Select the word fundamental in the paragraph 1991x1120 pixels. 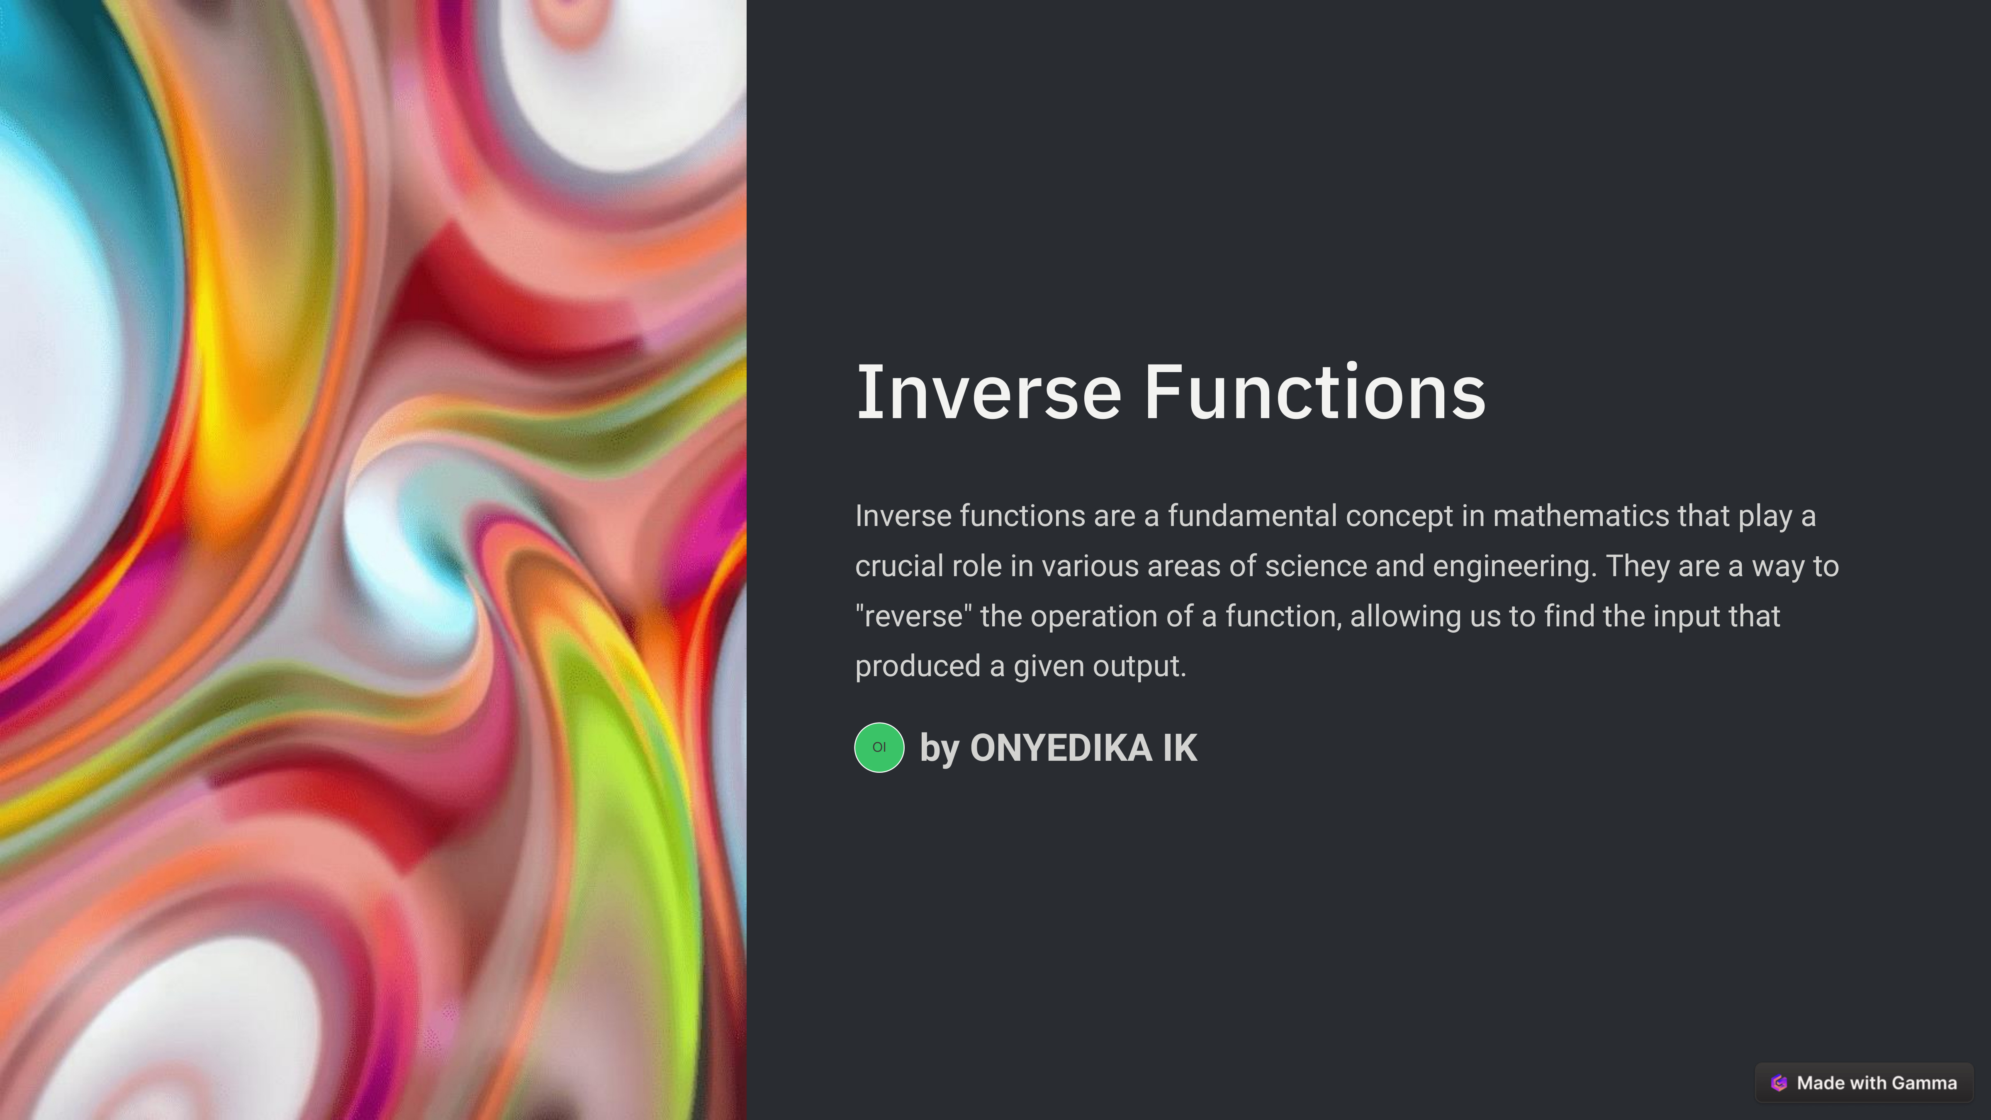(1252, 516)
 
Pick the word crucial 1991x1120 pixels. (899, 566)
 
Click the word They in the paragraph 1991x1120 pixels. (1638, 566)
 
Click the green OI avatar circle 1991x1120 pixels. (879, 747)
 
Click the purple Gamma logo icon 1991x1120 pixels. (1779, 1083)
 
